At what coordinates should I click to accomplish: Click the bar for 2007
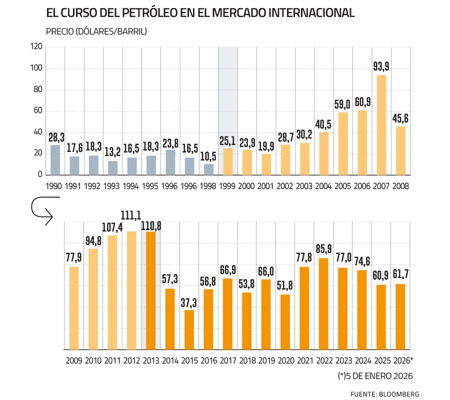click(x=381, y=125)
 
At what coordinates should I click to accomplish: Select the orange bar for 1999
click(x=228, y=161)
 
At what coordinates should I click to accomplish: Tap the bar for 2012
click(x=131, y=290)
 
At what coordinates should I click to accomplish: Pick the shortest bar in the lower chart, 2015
click(x=189, y=329)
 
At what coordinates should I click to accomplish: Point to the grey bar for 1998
click(x=209, y=169)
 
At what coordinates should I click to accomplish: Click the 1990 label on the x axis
click(x=55, y=185)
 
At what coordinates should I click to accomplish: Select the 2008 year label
click(x=400, y=185)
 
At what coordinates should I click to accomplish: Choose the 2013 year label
click(x=150, y=360)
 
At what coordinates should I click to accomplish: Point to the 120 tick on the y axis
click(x=36, y=47)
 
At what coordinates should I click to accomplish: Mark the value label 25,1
click(x=228, y=140)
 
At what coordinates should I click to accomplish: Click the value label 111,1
click(x=131, y=214)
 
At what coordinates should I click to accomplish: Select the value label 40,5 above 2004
click(x=324, y=123)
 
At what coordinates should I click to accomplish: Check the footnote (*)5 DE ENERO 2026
click(x=376, y=375)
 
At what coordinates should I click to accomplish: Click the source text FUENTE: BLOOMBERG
click(x=384, y=393)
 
